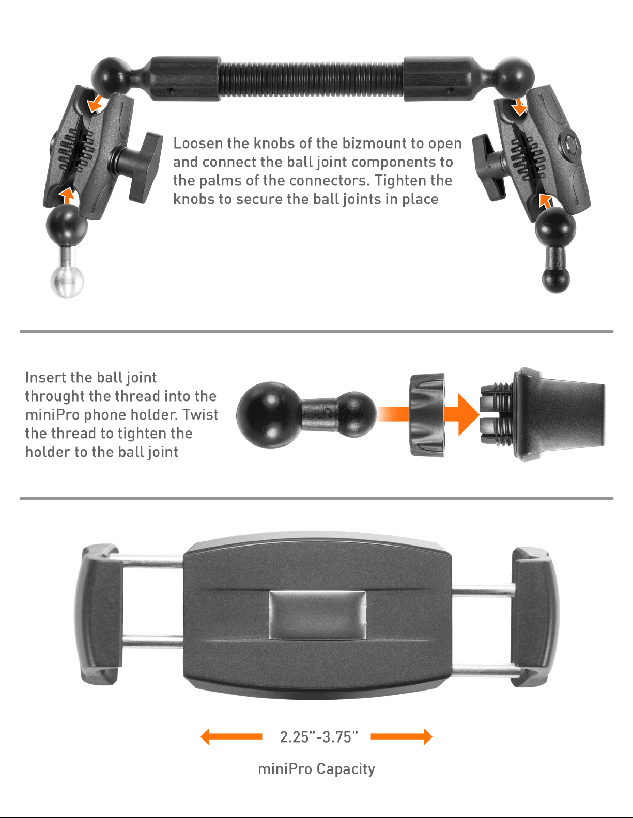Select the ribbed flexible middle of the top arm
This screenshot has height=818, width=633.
[311, 79]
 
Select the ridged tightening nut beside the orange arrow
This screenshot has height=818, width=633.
[426, 415]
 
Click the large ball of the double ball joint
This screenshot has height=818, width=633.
[269, 415]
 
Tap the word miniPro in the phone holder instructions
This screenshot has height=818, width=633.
[52, 415]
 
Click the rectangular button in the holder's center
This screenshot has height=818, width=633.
[317, 615]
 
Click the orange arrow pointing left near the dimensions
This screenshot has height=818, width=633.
[231, 736]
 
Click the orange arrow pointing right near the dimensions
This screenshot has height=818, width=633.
[402, 736]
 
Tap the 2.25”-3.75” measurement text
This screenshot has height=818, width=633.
[319, 736]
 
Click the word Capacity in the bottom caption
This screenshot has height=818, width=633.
[346, 769]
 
